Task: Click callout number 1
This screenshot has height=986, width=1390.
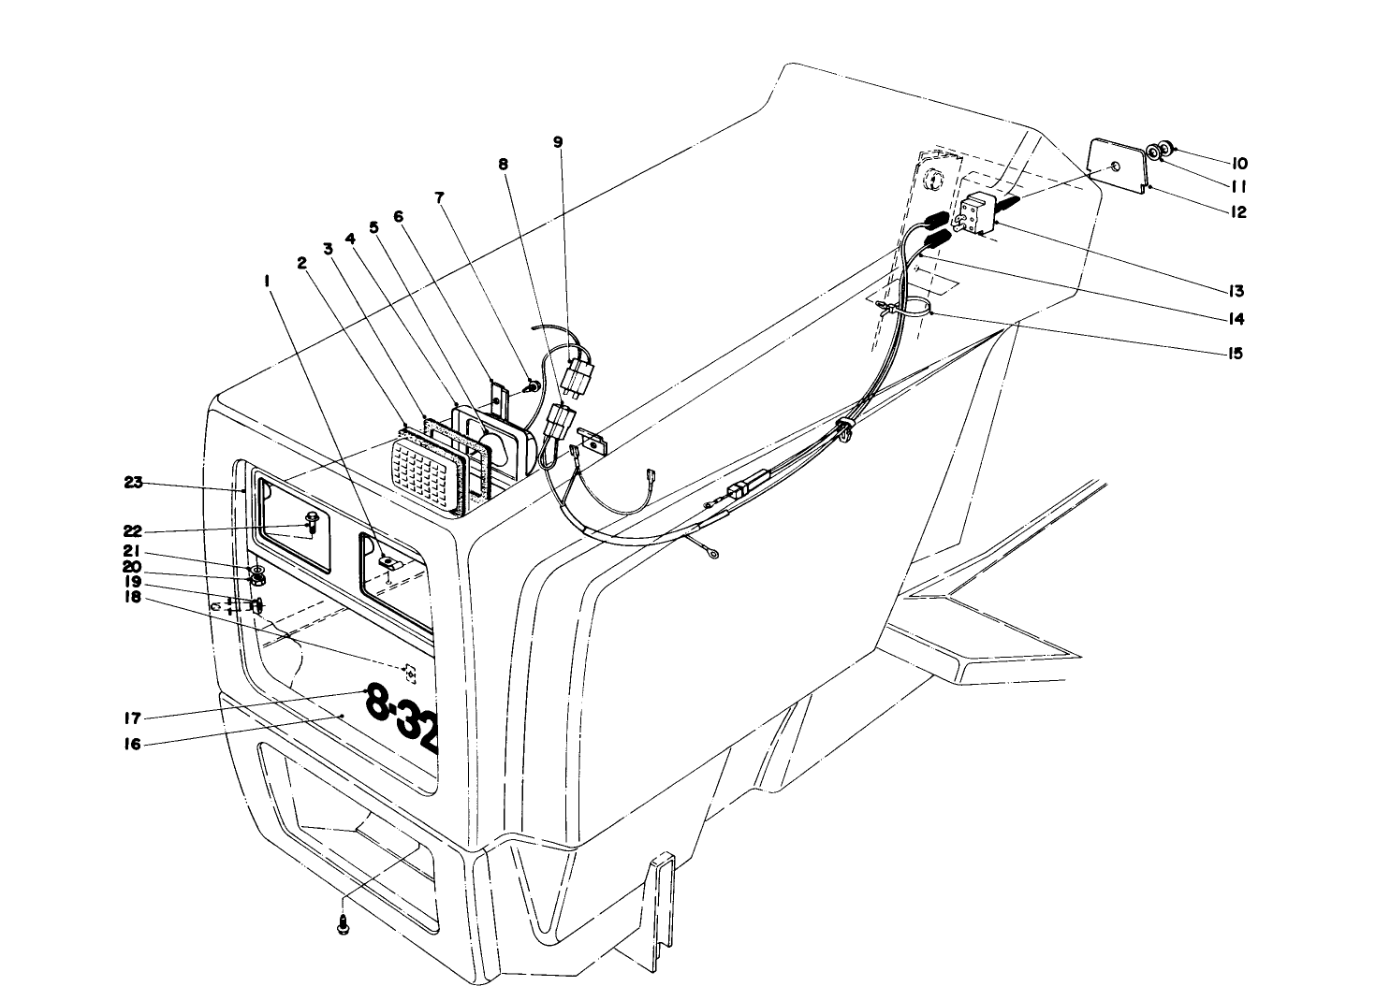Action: click(x=268, y=280)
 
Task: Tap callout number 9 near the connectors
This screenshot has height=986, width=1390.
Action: click(x=558, y=142)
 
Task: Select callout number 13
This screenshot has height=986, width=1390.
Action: click(x=1237, y=291)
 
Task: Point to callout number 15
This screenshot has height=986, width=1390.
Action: click(x=1236, y=354)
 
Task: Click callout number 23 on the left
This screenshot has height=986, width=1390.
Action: click(x=133, y=483)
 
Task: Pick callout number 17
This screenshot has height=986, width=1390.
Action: click(x=132, y=718)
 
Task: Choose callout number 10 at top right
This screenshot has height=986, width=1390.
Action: click(x=1239, y=163)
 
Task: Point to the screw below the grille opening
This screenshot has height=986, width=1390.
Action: click(x=342, y=925)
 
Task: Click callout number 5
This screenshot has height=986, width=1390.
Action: click(x=373, y=226)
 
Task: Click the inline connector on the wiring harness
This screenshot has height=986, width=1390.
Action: click(x=739, y=491)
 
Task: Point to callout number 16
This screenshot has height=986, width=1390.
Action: click(x=132, y=746)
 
